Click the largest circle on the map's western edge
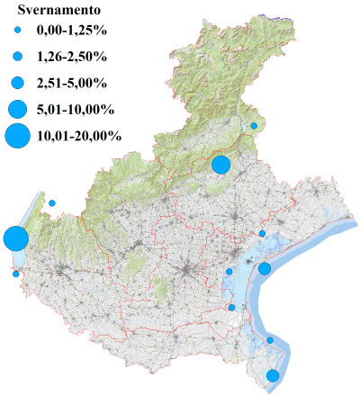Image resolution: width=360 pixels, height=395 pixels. pos(14,239)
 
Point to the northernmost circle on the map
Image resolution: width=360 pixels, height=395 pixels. pos(254,126)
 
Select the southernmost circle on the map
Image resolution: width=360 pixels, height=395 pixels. pos(272,375)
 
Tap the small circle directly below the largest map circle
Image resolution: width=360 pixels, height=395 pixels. pos(15,274)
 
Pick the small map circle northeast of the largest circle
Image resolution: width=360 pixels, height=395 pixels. pos(52,203)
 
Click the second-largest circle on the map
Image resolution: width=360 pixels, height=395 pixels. pos(220,164)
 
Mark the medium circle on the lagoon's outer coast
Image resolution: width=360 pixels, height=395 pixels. pos(265,268)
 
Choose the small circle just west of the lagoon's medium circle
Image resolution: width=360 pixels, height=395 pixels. pos(229,271)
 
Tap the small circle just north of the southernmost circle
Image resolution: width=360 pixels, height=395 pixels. pos(269,340)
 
